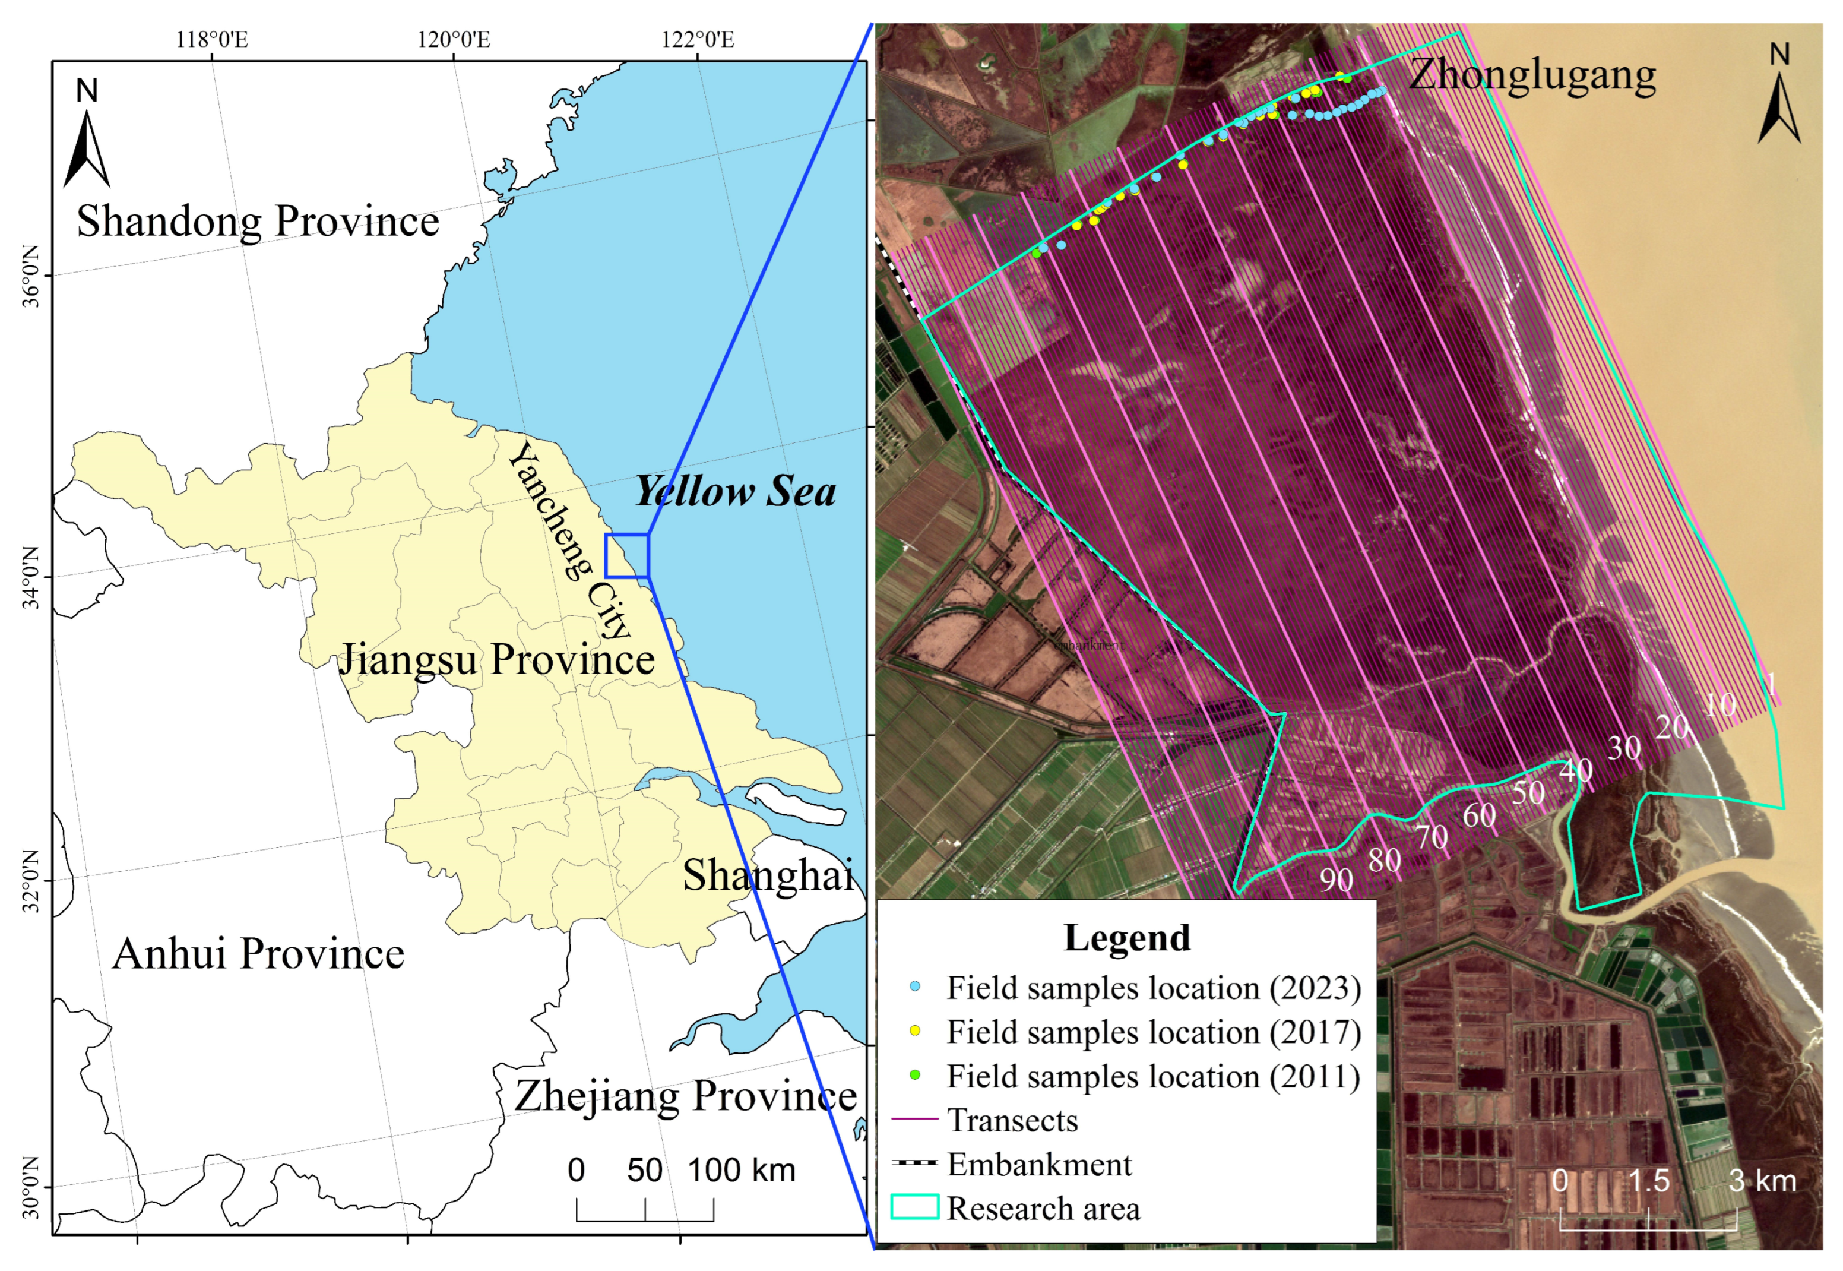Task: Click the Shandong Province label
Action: (x=257, y=222)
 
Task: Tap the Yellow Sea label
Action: (x=735, y=491)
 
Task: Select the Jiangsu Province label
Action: (x=496, y=659)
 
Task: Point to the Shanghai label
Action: (x=768, y=875)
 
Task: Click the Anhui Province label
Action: (x=258, y=953)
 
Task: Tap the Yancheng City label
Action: (x=570, y=542)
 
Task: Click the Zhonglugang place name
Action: (x=1532, y=75)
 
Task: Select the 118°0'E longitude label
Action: (x=212, y=39)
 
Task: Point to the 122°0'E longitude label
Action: (x=698, y=39)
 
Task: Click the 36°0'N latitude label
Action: (x=30, y=276)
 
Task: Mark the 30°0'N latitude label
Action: (x=30, y=1187)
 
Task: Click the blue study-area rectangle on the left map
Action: (x=626, y=555)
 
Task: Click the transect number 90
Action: (x=1336, y=879)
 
